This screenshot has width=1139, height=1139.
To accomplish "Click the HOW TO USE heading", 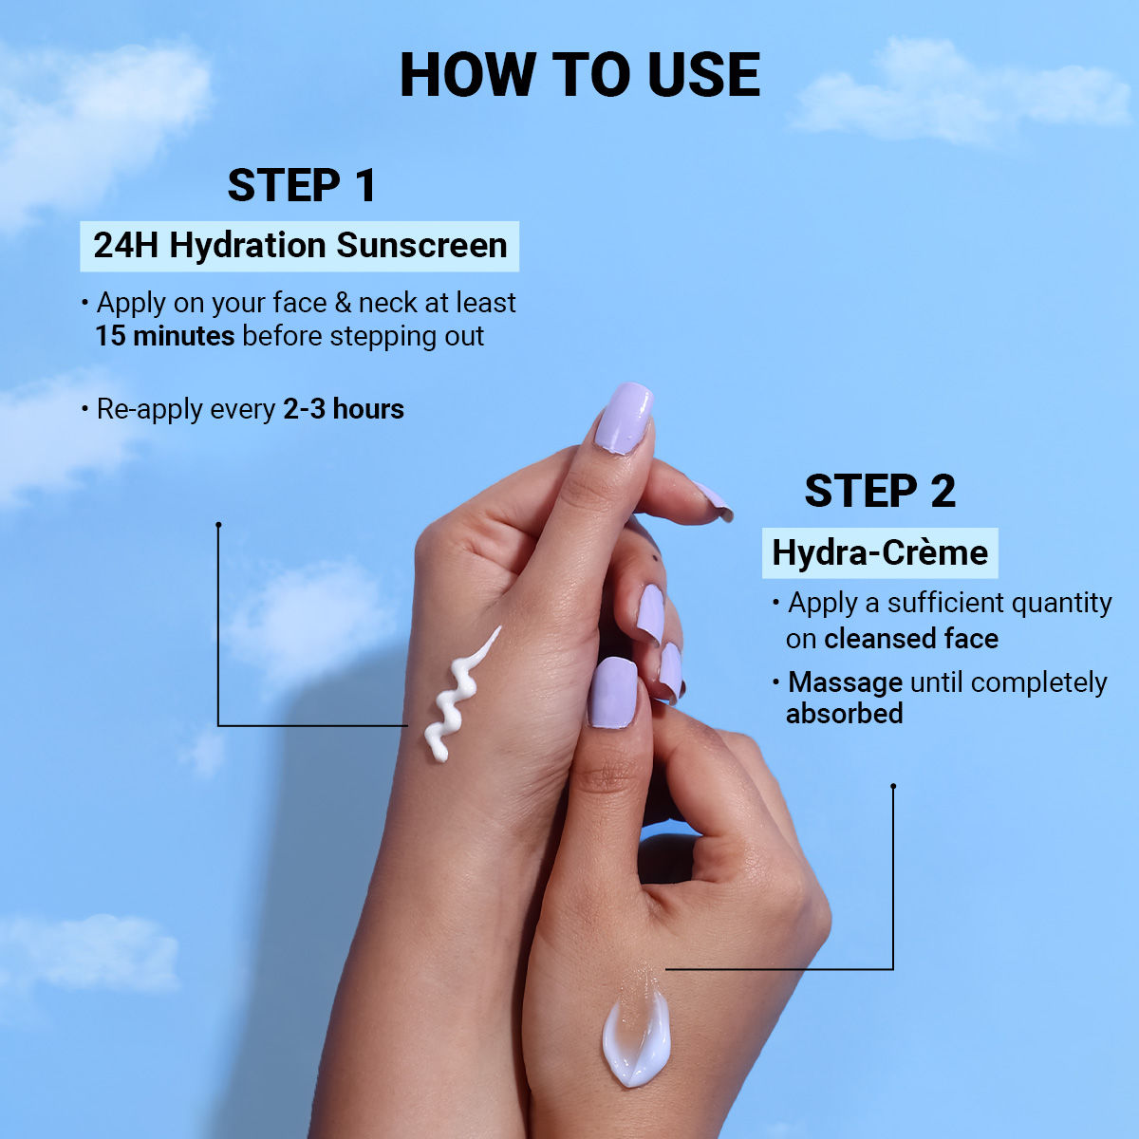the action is point(580,74).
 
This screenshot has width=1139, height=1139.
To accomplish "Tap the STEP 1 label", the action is point(302,186).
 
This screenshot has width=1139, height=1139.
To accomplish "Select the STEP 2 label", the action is point(880,491).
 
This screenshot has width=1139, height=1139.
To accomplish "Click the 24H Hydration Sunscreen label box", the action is point(300,246).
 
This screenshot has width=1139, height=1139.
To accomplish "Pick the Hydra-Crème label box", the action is point(880,552).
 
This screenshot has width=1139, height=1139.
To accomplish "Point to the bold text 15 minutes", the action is point(165,336).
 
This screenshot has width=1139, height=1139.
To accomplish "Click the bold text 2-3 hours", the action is point(344,409).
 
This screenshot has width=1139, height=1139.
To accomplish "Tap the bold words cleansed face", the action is point(911,639).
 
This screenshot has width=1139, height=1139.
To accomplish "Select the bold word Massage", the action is point(846,682).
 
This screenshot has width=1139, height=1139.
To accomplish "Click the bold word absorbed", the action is point(844,713).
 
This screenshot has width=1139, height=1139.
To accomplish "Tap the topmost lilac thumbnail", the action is point(623,418).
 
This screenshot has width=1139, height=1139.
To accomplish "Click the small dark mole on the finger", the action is point(654,555).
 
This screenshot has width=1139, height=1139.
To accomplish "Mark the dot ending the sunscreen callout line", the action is point(218,524).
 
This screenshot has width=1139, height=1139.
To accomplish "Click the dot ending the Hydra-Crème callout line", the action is point(893,786).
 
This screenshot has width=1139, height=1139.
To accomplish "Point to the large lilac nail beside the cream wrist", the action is point(613,692).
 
